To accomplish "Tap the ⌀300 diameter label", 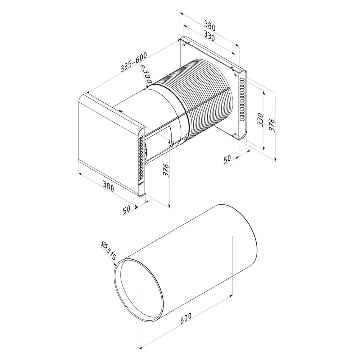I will [146, 75].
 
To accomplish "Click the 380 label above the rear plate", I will [210, 26].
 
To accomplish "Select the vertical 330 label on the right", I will [261, 120].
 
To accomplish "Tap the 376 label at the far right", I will [273, 125].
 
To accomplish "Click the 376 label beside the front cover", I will [166, 169].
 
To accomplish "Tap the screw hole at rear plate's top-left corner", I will [184, 45].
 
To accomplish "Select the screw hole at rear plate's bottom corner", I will [235, 135].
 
